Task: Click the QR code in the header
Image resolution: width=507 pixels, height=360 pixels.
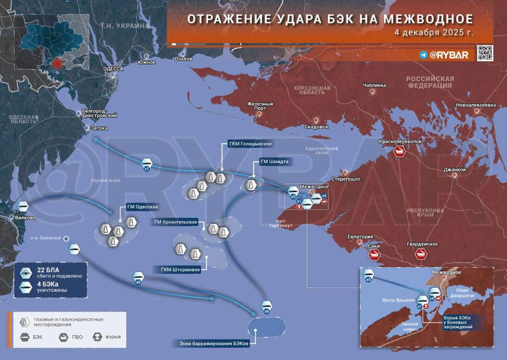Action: (x=485, y=53)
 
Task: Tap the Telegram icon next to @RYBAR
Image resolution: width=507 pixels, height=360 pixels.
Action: (x=423, y=54)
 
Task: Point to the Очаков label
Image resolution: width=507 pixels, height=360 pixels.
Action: (x=183, y=59)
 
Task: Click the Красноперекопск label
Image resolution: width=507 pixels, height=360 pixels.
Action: (x=400, y=142)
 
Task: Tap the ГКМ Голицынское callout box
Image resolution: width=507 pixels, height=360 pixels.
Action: (x=250, y=144)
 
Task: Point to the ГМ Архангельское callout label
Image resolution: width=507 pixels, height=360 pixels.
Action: (x=175, y=222)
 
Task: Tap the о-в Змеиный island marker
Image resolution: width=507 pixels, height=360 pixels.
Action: (x=67, y=239)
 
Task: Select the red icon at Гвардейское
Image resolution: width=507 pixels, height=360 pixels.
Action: (x=421, y=254)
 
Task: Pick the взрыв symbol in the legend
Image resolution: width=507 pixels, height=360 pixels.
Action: (x=97, y=336)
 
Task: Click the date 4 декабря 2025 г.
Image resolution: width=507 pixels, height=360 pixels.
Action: (x=434, y=32)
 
